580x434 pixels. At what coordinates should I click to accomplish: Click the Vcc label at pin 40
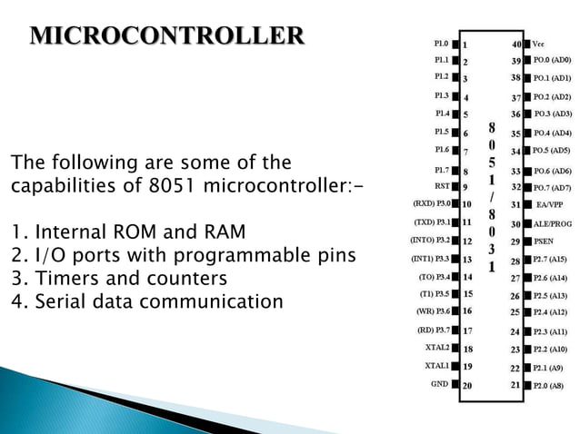[539, 43]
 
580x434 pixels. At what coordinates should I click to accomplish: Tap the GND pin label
[439, 384]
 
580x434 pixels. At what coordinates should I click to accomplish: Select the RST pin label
[442, 186]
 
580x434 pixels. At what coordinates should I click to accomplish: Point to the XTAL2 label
[437, 347]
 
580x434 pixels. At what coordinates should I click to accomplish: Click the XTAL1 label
[437, 365]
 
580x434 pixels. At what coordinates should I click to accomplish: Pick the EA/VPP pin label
[549, 204]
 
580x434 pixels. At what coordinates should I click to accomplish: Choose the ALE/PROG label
[553, 223]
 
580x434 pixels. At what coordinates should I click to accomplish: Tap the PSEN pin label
[545, 242]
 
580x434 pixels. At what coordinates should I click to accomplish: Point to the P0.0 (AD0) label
[552, 60]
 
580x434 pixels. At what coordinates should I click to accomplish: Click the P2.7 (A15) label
[551, 260]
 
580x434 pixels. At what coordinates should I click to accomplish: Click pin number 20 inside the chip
[467, 386]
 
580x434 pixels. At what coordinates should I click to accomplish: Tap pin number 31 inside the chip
[515, 205]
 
